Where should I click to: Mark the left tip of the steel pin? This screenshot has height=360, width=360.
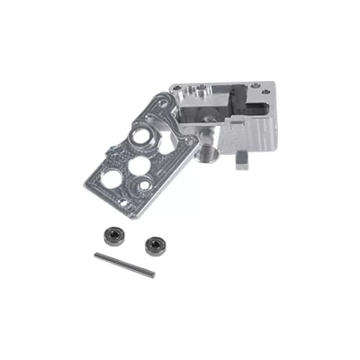click(96, 256)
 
